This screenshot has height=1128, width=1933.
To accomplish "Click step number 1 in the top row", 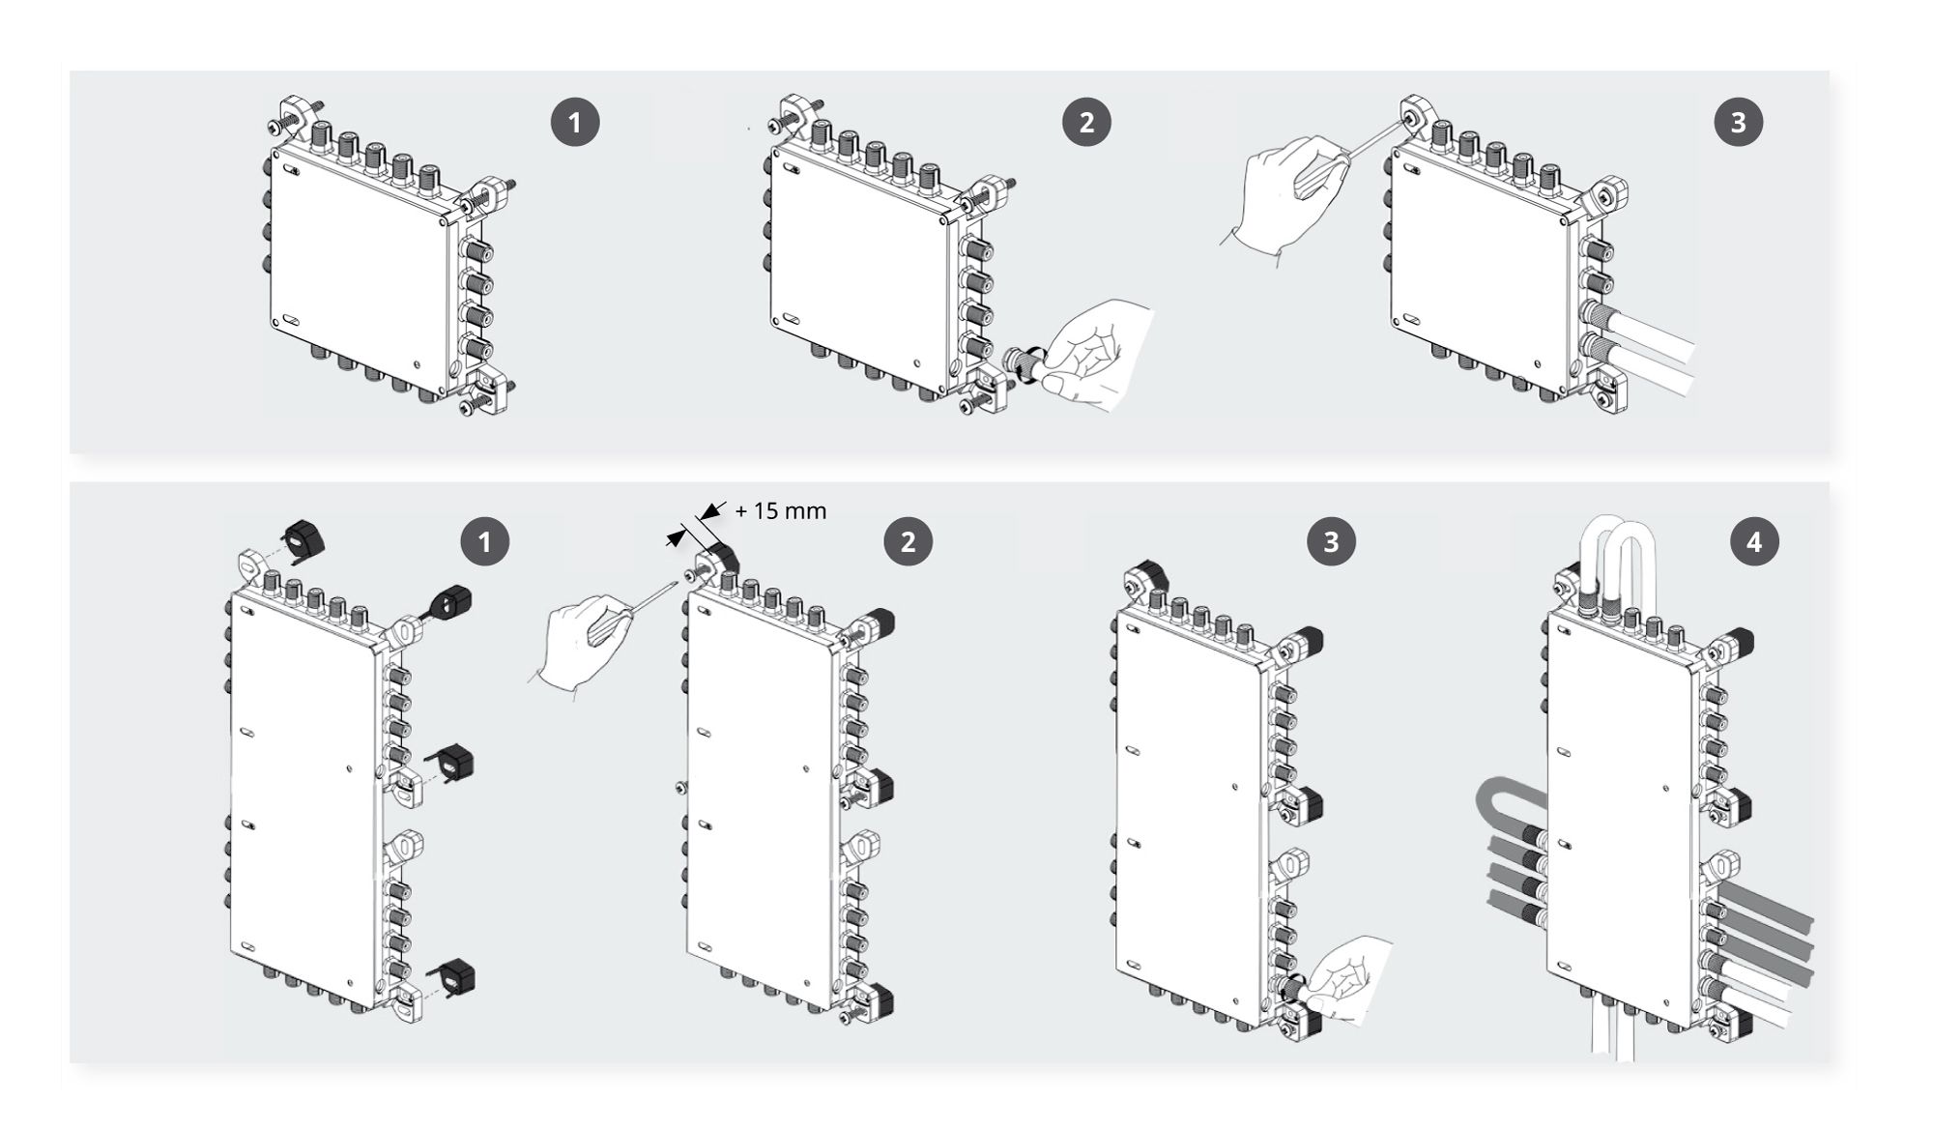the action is tap(575, 123).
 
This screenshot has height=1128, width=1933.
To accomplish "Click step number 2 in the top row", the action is tap(1086, 123).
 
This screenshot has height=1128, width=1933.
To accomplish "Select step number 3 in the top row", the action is tap(1738, 123).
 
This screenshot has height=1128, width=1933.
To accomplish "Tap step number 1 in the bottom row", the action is tap(484, 541).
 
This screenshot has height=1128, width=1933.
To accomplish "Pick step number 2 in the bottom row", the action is tap(908, 541).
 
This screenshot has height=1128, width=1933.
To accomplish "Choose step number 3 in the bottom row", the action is tap(1331, 541).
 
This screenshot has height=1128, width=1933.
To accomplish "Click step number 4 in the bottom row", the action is tap(1753, 541).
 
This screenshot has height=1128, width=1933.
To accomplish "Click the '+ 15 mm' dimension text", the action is tap(780, 511).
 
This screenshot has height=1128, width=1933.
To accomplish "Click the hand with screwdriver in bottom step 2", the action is tap(580, 643).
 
